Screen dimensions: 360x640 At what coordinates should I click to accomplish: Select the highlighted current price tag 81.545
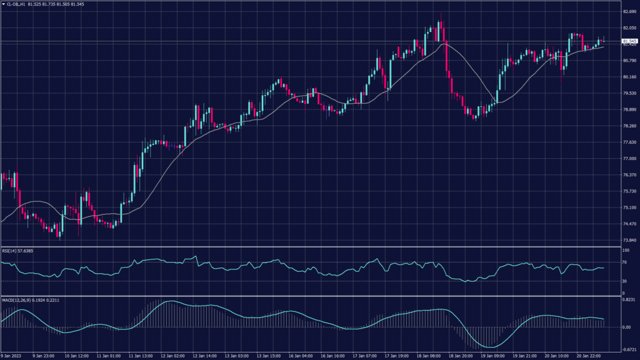point(629,41)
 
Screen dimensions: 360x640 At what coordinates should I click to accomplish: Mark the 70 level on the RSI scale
point(624,263)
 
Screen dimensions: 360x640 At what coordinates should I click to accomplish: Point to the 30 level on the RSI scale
point(624,280)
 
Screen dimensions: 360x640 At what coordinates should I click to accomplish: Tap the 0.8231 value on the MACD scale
point(628,301)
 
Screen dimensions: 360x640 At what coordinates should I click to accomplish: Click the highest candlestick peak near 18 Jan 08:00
point(441,14)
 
